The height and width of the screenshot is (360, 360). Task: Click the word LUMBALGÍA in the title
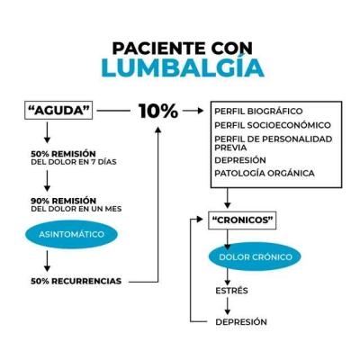pos(183,67)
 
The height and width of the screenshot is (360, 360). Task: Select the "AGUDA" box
pos(58,111)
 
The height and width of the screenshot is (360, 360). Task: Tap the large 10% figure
pos(158,111)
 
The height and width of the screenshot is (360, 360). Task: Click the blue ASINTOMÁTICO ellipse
pos(71,234)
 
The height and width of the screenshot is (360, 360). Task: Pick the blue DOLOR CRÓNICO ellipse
pos(256,256)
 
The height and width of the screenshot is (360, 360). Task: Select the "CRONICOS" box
pos(242,220)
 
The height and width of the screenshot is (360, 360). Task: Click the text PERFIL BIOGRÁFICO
pos(258,112)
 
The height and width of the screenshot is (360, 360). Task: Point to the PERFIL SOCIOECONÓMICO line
pos(273,125)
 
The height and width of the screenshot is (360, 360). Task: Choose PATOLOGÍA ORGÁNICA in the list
pos(265,174)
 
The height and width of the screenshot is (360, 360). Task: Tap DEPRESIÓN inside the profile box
pos(240,160)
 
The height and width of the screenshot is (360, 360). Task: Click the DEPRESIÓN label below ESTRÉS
pos(241,322)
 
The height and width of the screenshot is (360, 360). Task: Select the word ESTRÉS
pos(231,291)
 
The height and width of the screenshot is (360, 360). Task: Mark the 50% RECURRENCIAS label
pos(76,281)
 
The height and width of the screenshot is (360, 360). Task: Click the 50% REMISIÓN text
pos(63,154)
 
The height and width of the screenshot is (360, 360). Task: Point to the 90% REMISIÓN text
pos(64,201)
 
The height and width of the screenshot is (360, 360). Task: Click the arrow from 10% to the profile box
pos(193,111)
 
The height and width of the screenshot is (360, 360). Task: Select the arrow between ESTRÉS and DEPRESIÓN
pos(228,306)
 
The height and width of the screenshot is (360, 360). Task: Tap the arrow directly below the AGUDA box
pos(47,132)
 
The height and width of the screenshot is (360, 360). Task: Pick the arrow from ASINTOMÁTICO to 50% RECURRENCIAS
pos(47,261)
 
